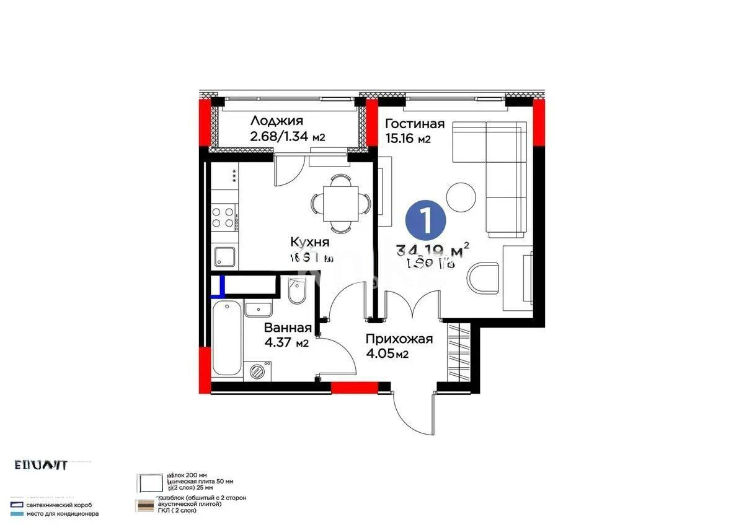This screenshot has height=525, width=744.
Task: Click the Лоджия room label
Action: click(277, 121)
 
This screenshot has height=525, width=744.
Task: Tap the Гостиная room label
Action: click(415, 123)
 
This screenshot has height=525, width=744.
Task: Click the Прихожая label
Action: click(399, 339)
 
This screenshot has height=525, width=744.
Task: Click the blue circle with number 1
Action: click(425, 219)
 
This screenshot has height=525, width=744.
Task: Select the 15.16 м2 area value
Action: click(407, 139)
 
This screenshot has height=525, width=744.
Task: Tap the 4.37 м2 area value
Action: click(286, 343)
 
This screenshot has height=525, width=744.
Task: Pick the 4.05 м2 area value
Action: click(387, 354)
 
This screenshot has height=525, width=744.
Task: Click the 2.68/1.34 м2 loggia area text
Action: click(288, 137)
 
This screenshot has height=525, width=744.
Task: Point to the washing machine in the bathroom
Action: click(257, 370)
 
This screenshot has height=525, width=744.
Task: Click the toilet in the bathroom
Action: click(297, 292)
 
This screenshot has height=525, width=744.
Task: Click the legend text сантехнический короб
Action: click(60, 505)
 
